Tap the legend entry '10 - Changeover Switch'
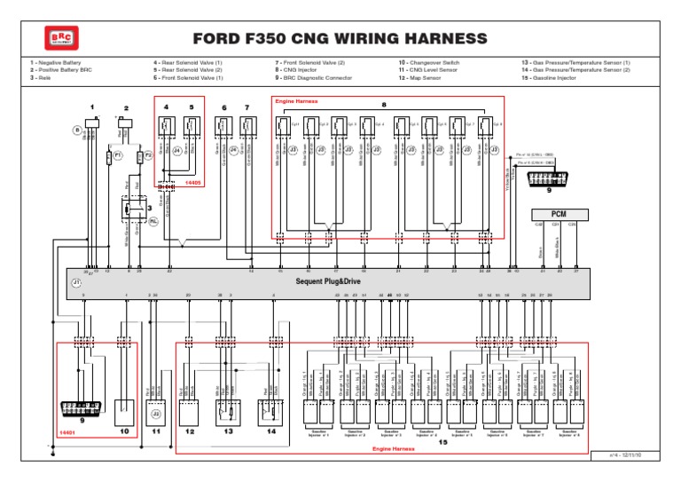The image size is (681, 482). (x=429, y=63)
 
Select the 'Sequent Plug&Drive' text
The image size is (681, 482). (x=327, y=281)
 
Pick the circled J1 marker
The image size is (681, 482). (x=76, y=283)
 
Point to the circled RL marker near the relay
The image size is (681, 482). (x=153, y=221)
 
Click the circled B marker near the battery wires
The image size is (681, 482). (x=77, y=130)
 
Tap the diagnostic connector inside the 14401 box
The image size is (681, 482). (x=82, y=409)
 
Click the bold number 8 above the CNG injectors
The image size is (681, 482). (x=384, y=106)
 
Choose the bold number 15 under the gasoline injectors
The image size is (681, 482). (x=442, y=441)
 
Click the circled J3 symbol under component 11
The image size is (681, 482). (x=156, y=413)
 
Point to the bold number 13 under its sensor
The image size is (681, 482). (x=229, y=431)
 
